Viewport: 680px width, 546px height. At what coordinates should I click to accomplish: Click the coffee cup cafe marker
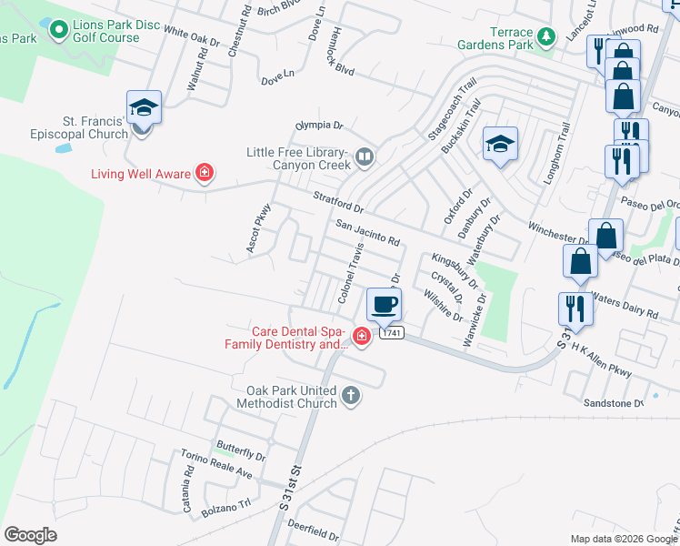pos(384,303)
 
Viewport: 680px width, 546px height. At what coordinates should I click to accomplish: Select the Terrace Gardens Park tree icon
pos(545,37)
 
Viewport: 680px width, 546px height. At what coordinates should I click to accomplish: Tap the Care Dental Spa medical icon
pos(362,339)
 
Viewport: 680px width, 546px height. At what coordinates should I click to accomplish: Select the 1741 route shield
pos(391,333)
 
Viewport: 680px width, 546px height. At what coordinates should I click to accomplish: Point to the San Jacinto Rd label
pos(367,232)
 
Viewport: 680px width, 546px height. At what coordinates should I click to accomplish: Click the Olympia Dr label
pos(318,125)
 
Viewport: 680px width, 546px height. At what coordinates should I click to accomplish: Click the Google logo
pos(30,535)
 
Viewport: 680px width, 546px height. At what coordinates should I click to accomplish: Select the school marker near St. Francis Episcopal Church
pos(144,108)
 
